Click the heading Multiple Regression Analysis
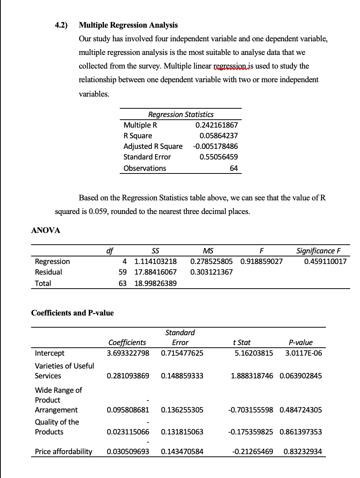(128, 25)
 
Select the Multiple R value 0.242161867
(216, 125)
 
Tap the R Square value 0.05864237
(219, 136)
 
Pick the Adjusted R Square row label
(153, 146)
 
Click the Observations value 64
(234, 168)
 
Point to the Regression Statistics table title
(181, 114)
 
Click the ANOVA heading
(45, 230)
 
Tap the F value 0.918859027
(261, 261)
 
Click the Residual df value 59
(123, 272)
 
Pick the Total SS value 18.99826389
(155, 283)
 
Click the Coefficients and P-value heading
(72, 313)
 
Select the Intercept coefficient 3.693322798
(128, 353)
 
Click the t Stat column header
(242, 342)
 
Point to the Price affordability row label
(63, 451)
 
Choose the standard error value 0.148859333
(182, 376)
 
